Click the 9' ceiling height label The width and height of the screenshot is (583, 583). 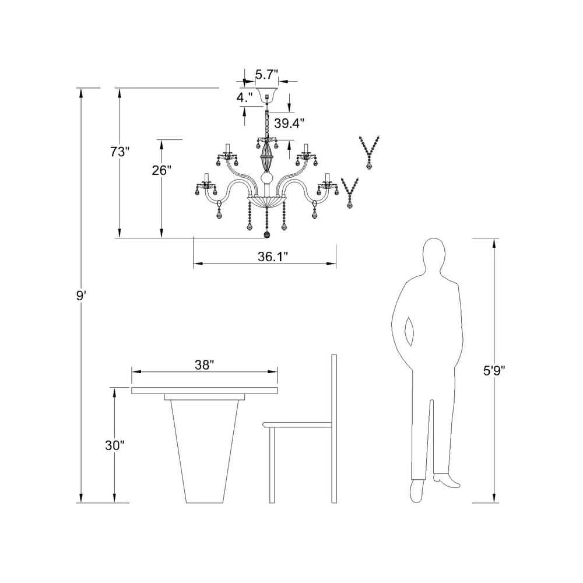80,296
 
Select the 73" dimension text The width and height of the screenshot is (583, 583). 120,152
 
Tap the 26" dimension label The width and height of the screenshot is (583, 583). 161,170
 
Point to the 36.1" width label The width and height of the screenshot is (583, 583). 273,257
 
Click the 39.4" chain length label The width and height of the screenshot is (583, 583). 289,123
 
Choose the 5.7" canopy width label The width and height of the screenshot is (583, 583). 266,75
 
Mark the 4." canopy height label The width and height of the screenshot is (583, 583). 245,97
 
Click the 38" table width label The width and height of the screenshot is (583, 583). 205,365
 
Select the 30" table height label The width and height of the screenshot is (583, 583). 114,445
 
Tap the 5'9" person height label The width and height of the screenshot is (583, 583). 494,371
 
